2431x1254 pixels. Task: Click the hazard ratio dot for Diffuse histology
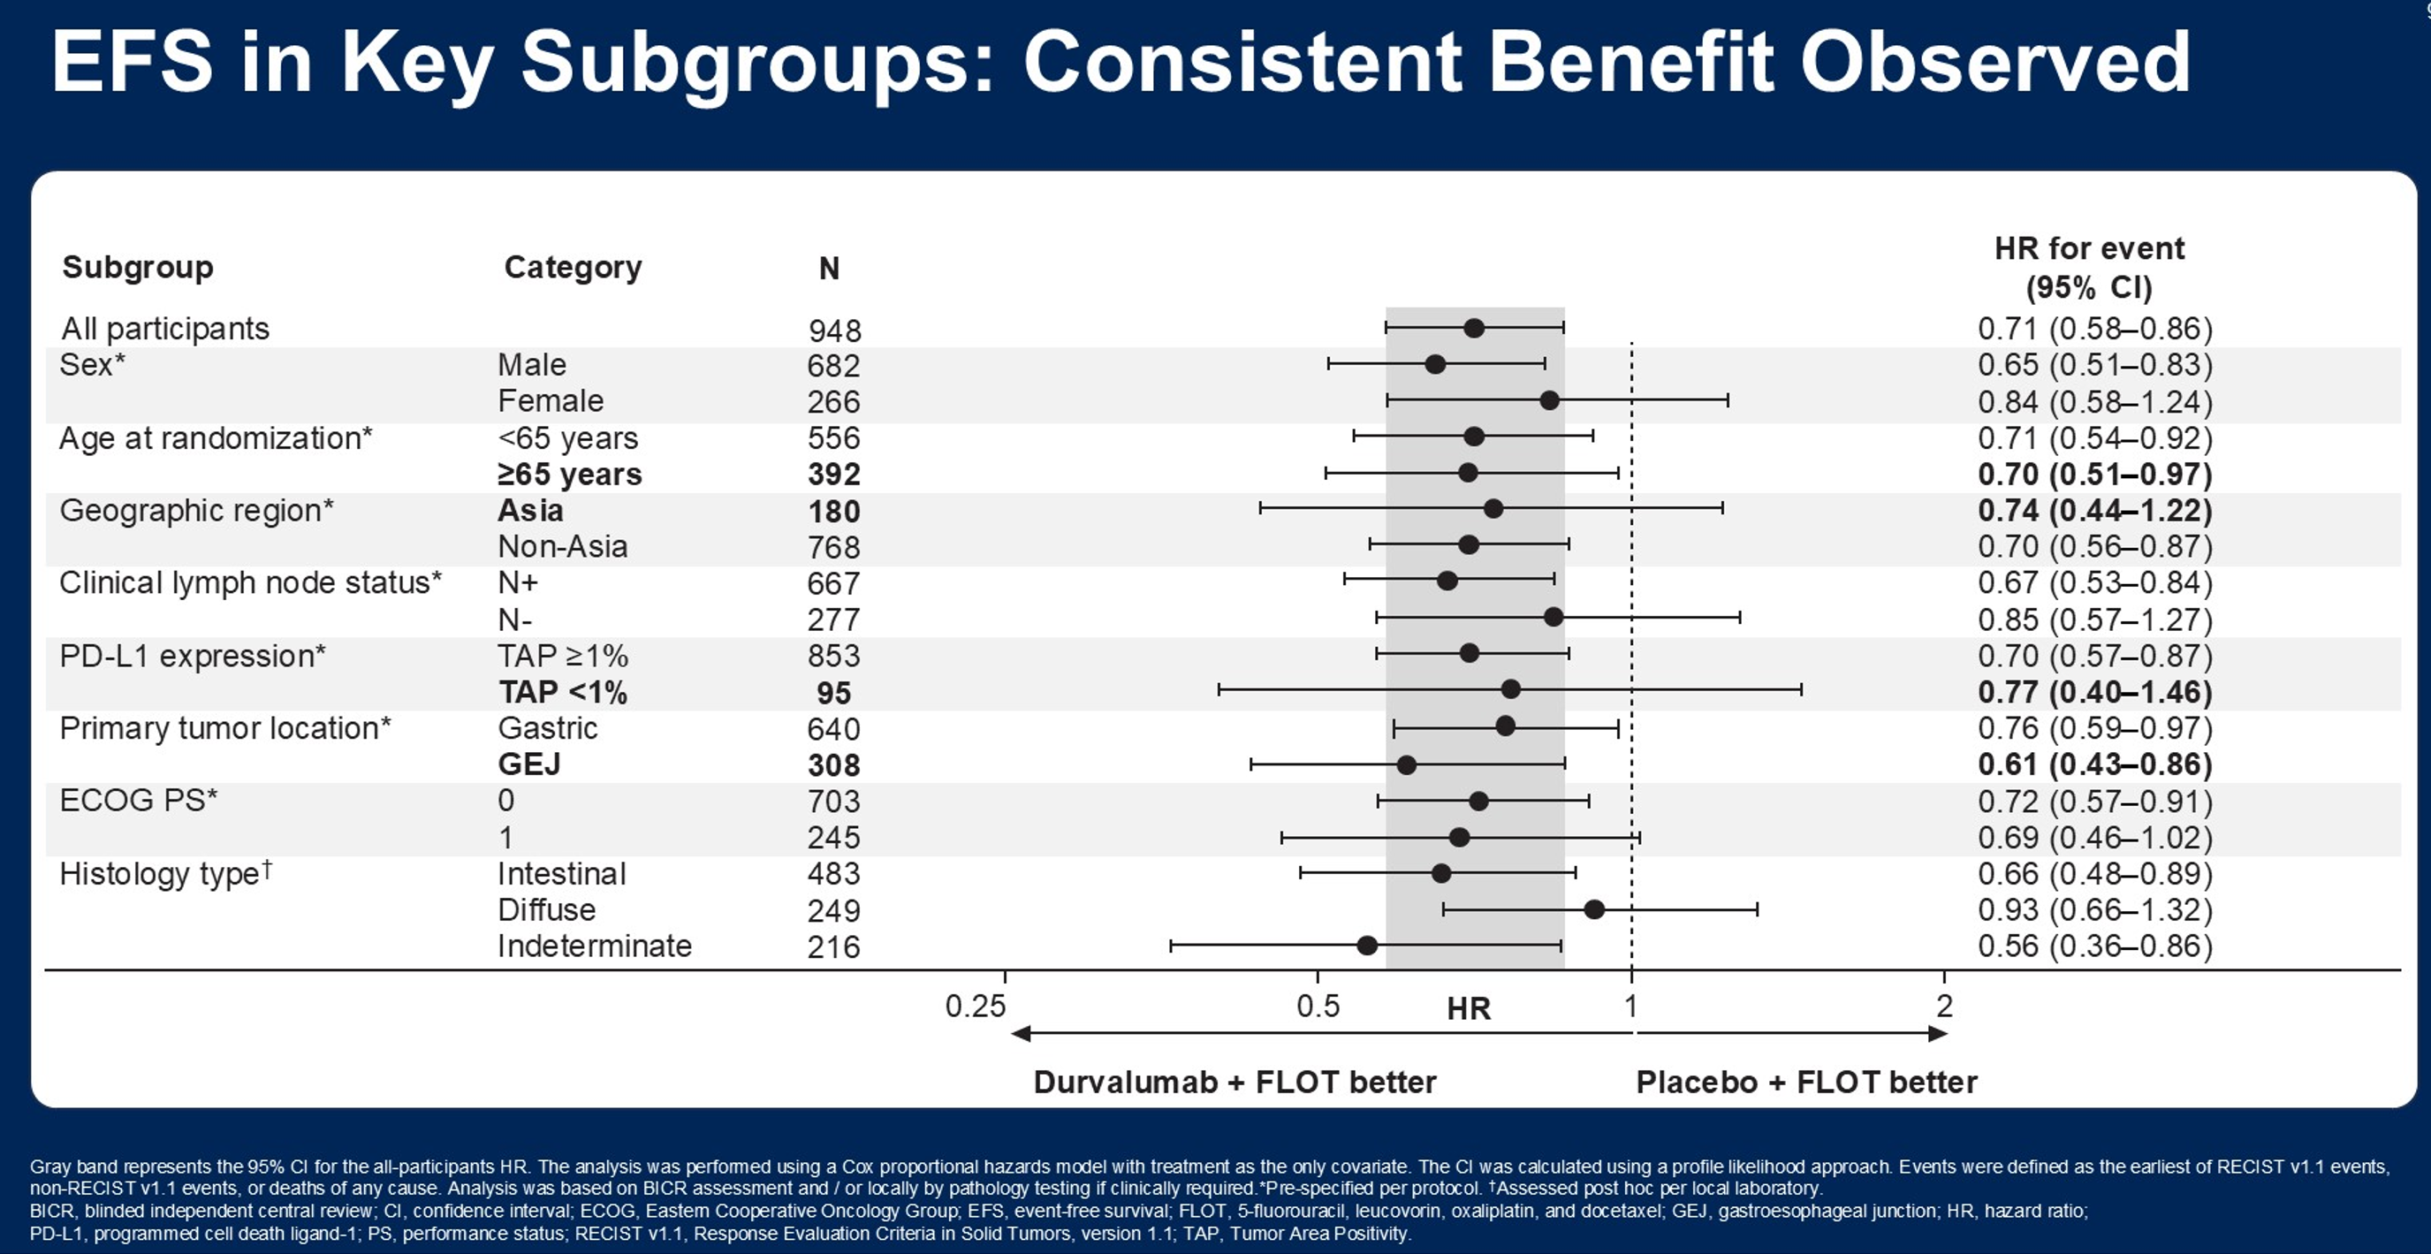1594,909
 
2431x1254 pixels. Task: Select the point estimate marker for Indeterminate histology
1366,946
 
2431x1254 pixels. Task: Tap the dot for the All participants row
1474,329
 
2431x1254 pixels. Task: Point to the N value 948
834,331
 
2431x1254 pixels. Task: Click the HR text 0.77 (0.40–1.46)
2095,693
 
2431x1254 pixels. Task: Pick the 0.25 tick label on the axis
976,1007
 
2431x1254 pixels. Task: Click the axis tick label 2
1944,1007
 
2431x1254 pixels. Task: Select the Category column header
573,268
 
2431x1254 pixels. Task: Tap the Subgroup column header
138,268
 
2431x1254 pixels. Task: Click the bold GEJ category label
529,764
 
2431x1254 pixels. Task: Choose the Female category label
551,401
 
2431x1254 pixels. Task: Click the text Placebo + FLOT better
1806,1083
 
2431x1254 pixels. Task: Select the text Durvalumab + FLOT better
1234,1083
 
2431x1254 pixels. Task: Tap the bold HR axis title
1469,1009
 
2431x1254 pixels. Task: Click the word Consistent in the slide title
1242,62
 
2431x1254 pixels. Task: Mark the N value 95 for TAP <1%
834,694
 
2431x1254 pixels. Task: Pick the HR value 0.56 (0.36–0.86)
2095,946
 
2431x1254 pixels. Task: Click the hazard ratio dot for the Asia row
1493,510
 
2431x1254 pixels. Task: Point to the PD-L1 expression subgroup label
193,656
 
